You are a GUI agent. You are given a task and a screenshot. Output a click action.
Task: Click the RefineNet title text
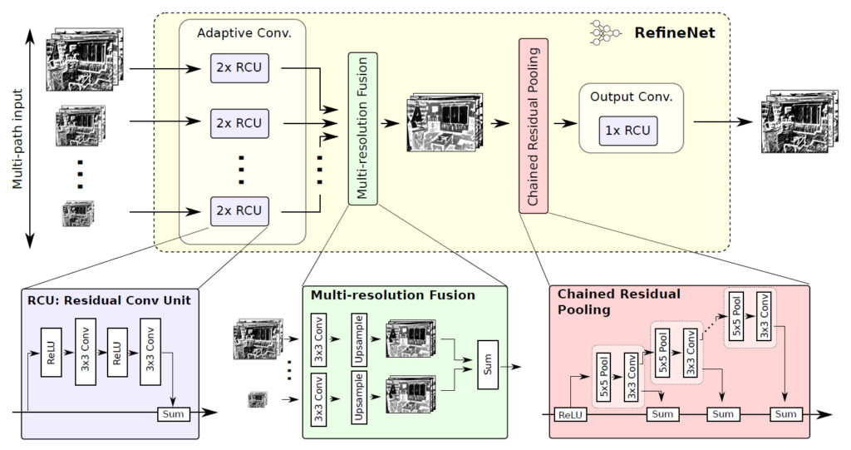676,33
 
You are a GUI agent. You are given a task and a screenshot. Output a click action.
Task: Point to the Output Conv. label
631,96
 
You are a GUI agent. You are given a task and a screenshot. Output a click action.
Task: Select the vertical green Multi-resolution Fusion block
362,127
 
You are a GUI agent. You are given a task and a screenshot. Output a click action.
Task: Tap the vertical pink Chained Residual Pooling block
534,125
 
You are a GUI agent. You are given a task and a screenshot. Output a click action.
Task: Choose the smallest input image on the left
78,213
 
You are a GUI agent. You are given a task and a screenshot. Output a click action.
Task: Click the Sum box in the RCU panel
173,413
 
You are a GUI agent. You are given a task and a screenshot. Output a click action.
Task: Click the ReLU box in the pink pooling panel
570,414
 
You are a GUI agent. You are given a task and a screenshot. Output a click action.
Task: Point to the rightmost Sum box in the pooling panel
785,414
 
